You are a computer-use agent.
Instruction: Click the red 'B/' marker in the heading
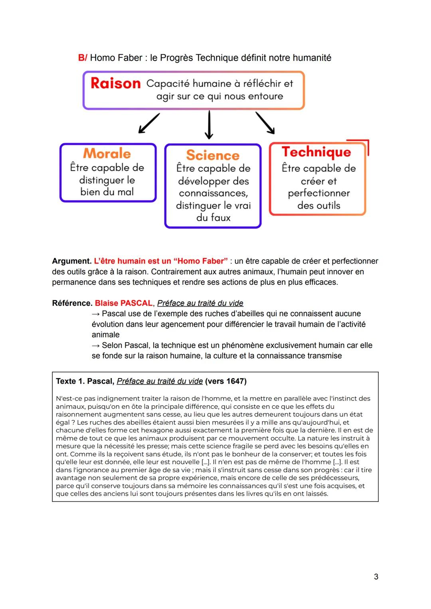click(82, 58)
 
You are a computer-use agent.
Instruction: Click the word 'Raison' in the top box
click(115, 83)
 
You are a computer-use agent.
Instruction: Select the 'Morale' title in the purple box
click(107, 154)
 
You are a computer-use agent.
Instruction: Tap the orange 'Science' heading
click(213, 155)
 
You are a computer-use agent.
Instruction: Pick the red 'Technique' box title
click(316, 152)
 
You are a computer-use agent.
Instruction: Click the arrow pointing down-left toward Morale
click(148, 123)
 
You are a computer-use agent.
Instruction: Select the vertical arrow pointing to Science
click(209, 125)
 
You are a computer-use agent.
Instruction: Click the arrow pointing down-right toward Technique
click(265, 123)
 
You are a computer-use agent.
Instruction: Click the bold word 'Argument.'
click(72, 261)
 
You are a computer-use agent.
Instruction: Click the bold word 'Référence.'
click(72, 303)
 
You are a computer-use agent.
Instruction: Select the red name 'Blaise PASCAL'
click(124, 303)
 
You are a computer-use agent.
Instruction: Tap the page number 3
click(376, 577)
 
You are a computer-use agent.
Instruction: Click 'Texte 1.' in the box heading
click(70, 381)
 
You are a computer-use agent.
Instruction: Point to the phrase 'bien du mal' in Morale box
click(107, 192)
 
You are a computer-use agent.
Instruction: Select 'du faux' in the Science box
click(213, 218)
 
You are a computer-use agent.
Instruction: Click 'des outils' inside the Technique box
click(318, 206)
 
